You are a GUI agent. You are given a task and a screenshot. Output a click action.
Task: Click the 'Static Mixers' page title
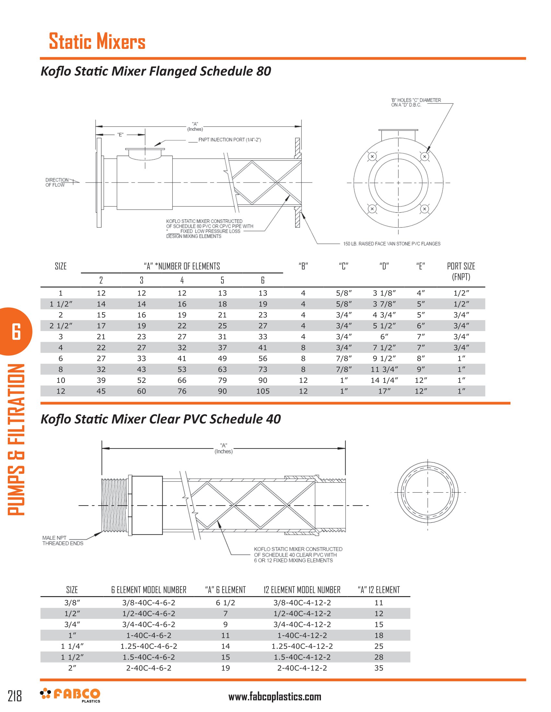[97, 41]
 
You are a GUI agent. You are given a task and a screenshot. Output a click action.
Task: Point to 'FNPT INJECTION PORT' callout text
[229, 140]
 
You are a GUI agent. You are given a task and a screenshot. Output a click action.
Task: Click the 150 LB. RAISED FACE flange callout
[392, 243]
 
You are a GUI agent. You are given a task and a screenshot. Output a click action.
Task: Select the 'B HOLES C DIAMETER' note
[416, 102]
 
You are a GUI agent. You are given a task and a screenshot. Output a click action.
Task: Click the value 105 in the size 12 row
[263, 391]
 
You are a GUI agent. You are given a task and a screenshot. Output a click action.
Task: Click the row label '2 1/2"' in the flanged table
[61, 326]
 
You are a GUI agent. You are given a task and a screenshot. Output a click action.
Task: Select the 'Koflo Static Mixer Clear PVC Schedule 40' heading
[160, 419]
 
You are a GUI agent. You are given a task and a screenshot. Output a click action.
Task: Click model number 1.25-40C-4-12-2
[302, 646]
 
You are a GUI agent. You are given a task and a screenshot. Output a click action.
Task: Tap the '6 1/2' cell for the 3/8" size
[225, 603]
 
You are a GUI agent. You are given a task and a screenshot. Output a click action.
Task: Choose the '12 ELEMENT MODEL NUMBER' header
[302, 590]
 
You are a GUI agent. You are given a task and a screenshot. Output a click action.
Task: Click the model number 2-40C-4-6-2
[148, 668]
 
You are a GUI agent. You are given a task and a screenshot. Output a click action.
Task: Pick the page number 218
[15, 696]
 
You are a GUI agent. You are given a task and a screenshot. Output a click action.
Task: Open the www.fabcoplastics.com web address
[275, 697]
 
